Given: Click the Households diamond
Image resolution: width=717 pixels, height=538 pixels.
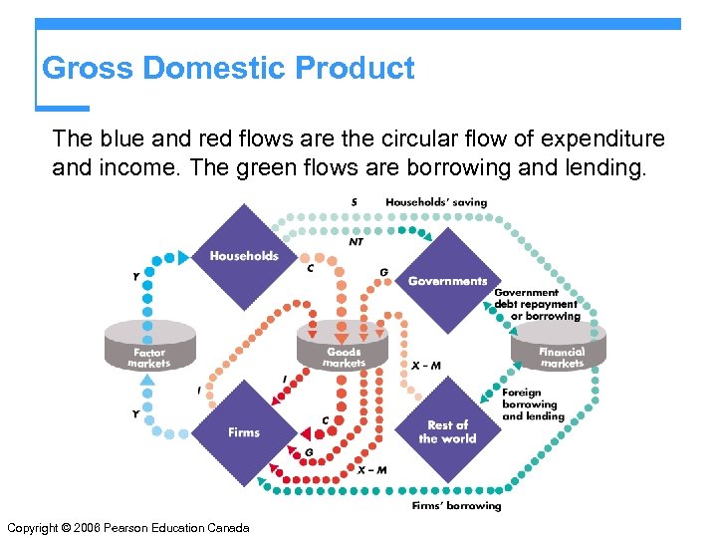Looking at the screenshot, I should click(244, 256).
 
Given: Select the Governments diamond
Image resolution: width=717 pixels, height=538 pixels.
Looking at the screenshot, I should click(447, 280).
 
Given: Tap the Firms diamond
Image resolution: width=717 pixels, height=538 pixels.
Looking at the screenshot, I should click(244, 431).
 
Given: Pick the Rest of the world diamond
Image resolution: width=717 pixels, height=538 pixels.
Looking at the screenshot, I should click(447, 431).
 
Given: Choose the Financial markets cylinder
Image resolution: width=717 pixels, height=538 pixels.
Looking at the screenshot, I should click(562, 348).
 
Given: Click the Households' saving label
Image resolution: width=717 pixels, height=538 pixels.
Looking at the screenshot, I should click(436, 202).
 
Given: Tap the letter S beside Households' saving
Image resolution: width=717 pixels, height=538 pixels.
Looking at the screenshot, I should click(355, 202).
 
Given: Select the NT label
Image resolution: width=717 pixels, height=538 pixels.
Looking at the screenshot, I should click(356, 241).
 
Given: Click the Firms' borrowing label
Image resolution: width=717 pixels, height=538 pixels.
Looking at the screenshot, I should click(457, 506).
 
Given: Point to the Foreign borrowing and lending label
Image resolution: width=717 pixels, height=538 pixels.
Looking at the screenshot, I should click(533, 404).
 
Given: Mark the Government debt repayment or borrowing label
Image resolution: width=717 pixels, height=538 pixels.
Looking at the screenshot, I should click(537, 305).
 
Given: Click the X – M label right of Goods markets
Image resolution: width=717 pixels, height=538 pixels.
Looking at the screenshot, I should click(426, 366).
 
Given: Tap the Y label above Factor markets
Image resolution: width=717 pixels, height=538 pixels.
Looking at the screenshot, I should click(135, 276).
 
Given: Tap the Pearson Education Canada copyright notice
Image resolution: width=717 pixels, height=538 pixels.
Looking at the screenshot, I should click(127, 527).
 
